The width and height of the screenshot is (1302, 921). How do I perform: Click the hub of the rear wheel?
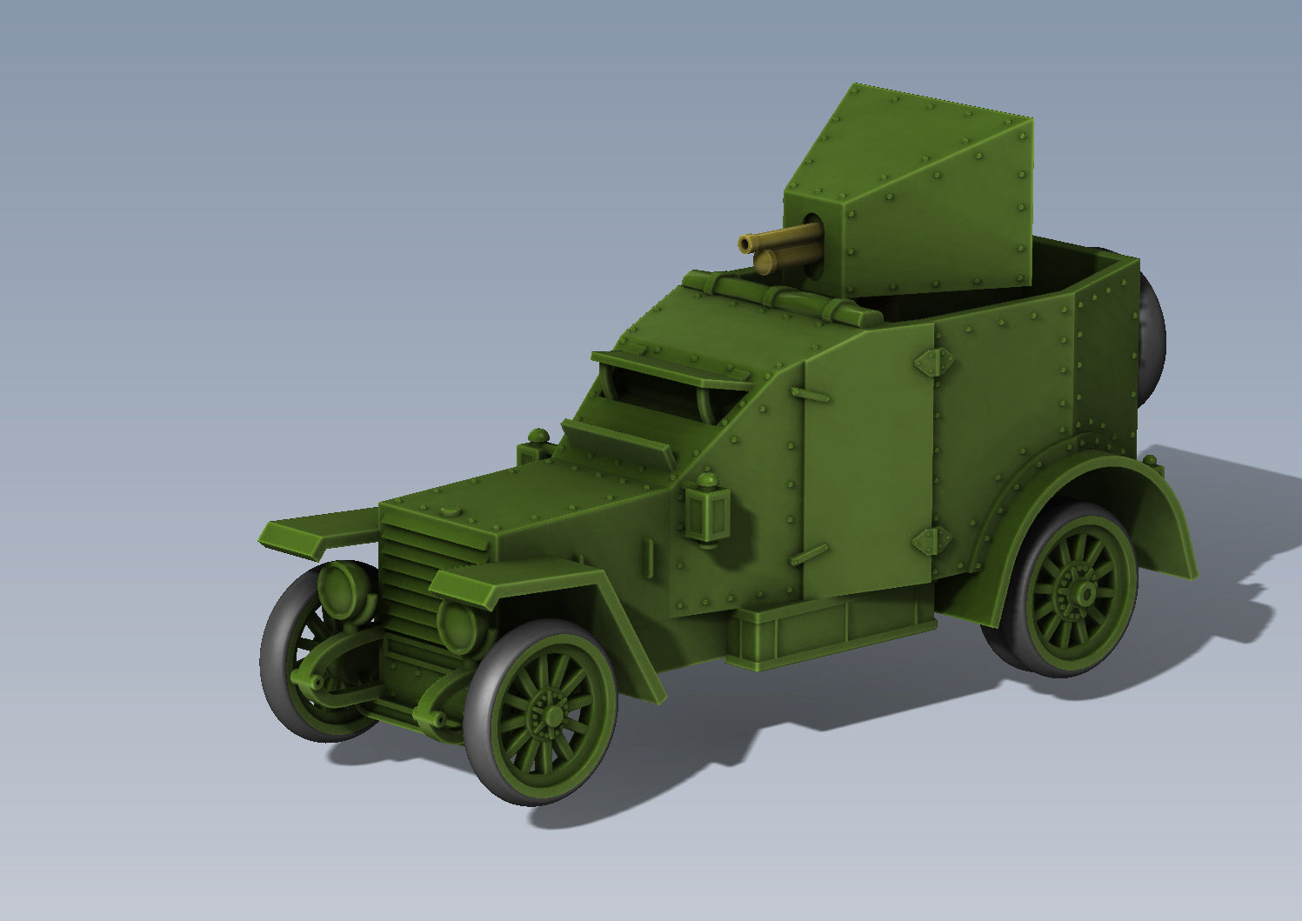[x=1085, y=593]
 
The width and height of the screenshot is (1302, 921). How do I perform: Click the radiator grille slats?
[x=409, y=591]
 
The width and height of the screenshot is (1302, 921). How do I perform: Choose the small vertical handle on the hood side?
[x=649, y=557]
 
